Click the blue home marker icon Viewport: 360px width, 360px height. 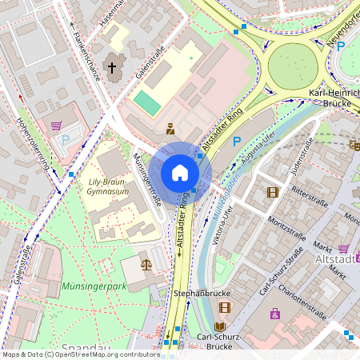click(x=180, y=173)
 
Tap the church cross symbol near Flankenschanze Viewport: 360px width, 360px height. click(x=113, y=70)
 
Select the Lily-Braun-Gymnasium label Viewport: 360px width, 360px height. click(x=109, y=187)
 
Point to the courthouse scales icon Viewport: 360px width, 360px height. click(x=146, y=262)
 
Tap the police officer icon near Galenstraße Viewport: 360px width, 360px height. click(x=170, y=127)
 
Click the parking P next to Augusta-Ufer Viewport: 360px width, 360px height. click(x=236, y=142)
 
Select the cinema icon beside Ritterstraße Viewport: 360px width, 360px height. click(x=273, y=192)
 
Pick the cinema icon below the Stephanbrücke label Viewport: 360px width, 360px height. click(x=224, y=307)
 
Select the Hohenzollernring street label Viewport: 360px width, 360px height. click(x=33, y=144)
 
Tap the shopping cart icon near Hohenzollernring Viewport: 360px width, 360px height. click(x=56, y=126)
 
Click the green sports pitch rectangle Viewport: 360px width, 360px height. click(x=146, y=102)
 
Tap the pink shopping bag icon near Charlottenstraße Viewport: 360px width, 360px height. click(x=275, y=314)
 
